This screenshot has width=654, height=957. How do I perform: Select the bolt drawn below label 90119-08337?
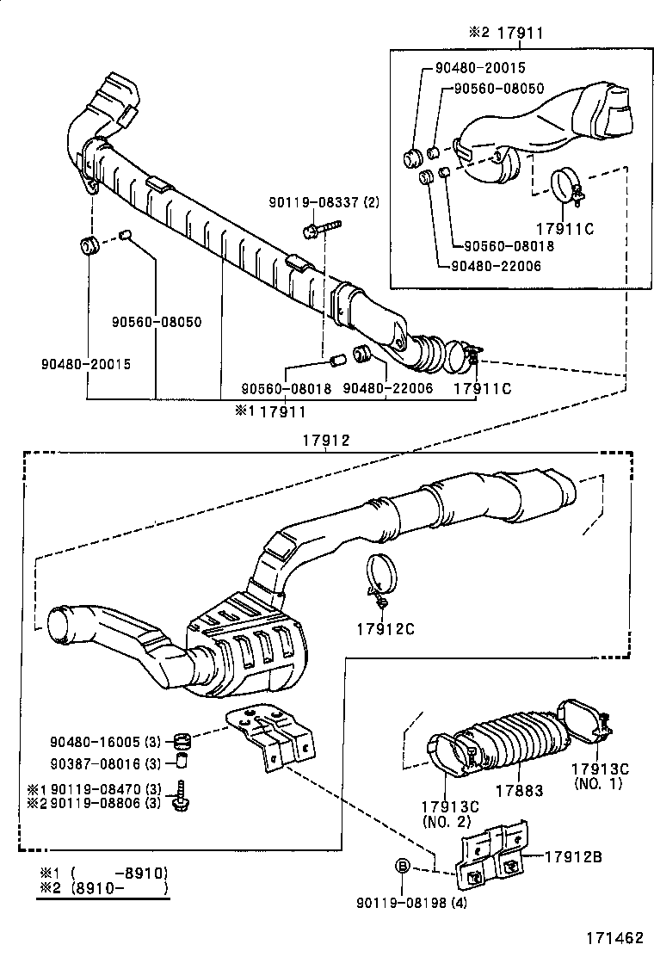pos(319,229)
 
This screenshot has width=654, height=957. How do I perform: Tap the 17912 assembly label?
pos(325,439)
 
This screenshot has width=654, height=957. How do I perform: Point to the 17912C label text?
pos(386,628)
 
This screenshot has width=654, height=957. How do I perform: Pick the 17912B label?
pos(572,856)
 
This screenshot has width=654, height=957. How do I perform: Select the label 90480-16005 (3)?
pos(106,741)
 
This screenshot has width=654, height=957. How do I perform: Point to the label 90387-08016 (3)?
pos(106,763)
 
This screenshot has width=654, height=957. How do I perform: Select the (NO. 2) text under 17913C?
pos(444,822)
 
